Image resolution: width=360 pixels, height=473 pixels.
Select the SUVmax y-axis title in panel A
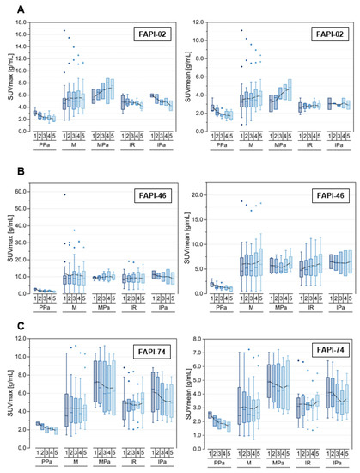(x=7, y=82)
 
